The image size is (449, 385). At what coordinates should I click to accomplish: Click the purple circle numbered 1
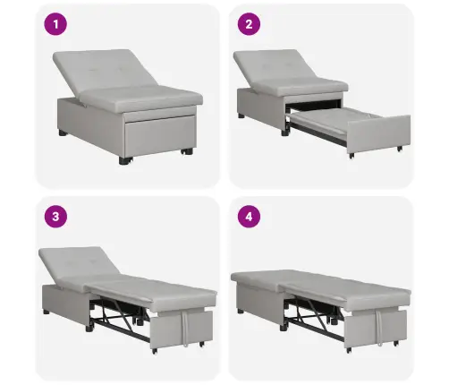(55, 24)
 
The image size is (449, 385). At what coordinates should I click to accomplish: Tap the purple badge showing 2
(249, 24)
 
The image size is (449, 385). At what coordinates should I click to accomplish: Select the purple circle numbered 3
(55, 217)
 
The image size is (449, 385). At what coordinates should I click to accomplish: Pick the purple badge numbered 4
(249, 217)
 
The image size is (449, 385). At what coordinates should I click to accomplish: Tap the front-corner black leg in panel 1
(125, 160)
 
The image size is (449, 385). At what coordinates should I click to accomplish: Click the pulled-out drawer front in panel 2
(378, 134)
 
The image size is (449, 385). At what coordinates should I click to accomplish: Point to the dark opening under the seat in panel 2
(313, 104)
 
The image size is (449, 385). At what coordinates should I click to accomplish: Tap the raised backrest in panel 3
(79, 261)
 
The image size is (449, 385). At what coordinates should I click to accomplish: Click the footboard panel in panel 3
(182, 329)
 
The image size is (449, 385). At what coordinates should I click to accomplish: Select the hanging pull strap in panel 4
(379, 327)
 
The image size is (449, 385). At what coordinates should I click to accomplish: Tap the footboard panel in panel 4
(376, 329)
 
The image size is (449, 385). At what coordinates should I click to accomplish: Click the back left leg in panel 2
(241, 115)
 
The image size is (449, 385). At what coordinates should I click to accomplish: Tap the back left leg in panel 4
(241, 312)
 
